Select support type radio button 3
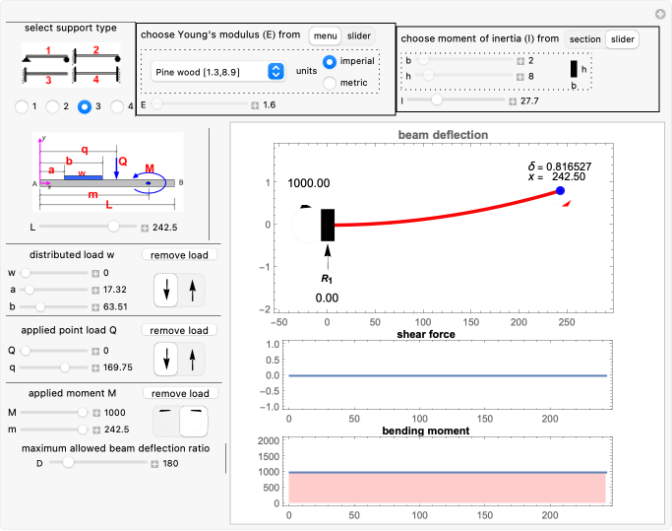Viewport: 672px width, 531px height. (x=85, y=105)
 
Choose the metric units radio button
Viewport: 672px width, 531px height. (x=331, y=83)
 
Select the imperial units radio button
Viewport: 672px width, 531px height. (x=331, y=61)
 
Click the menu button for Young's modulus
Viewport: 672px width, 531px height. (x=325, y=35)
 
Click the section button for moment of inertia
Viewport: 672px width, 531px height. (x=584, y=39)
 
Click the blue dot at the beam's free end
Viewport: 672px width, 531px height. (x=560, y=191)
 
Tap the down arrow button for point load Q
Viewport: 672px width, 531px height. (x=168, y=359)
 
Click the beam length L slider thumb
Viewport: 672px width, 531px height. (x=115, y=227)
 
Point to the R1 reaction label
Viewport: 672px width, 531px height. (x=327, y=280)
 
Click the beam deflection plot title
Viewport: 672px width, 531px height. (x=443, y=134)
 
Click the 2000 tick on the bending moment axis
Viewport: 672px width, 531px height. (x=266, y=440)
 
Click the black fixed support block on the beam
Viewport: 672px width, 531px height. (x=328, y=225)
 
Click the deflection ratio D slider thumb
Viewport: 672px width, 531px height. (x=68, y=462)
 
